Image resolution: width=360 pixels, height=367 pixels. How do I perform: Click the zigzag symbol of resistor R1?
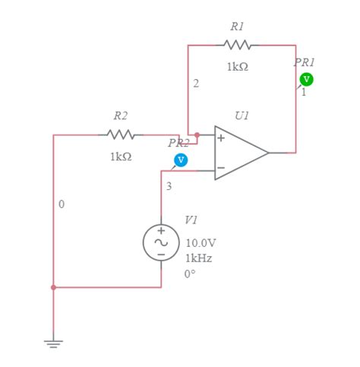coord(238,45)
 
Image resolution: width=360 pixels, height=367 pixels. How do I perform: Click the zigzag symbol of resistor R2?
coord(121,135)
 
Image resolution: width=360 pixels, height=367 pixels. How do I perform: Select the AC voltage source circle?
coord(161,242)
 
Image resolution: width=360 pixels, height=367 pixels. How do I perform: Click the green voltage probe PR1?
coord(306,79)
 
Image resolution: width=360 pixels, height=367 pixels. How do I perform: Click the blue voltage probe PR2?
coord(181,160)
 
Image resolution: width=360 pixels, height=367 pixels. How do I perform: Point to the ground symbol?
coord(53,343)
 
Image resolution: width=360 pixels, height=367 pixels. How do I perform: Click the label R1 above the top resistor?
coord(237,27)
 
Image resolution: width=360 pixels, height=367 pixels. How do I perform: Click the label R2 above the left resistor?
coord(121,116)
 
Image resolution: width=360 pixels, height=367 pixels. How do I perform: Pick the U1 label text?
coord(242,116)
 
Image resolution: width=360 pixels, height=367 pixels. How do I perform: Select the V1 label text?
coord(191,220)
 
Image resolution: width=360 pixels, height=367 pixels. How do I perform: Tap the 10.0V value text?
coord(201,243)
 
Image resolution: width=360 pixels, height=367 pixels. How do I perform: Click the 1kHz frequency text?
coord(199,258)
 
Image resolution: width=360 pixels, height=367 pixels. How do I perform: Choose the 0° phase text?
coord(191,274)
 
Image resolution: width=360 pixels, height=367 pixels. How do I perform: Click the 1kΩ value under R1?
coord(237,67)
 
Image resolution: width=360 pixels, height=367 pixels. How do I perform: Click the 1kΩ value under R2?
coord(121,157)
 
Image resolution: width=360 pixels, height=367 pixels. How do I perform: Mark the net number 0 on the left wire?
coord(62,204)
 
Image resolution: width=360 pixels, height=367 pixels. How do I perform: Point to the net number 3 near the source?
coord(169,186)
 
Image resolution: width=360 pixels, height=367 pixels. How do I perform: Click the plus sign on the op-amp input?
coord(221,138)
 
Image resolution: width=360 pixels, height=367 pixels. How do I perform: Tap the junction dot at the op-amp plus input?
coord(197,135)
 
